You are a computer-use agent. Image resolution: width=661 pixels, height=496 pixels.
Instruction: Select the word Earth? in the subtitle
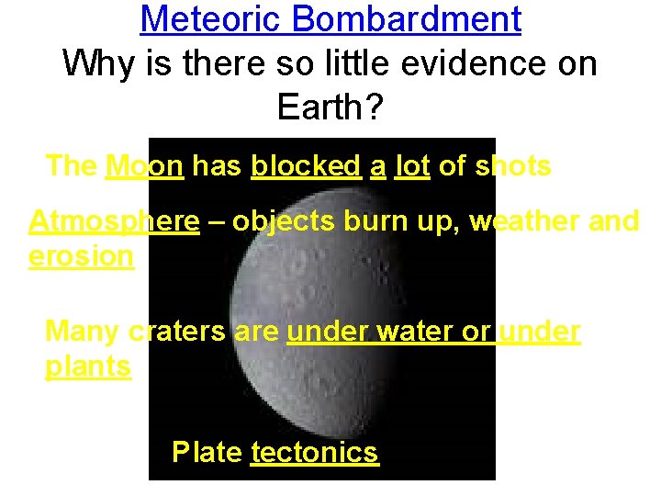pyautogui.click(x=330, y=109)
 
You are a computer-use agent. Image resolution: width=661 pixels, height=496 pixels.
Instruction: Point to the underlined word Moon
pyautogui.click(x=145, y=166)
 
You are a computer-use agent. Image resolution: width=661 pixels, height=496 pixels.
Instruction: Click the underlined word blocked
pyautogui.click(x=306, y=166)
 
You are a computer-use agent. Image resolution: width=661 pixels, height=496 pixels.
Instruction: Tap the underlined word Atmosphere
pyautogui.click(x=114, y=221)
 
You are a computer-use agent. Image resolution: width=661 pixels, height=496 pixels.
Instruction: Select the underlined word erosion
pyautogui.click(x=81, y=257)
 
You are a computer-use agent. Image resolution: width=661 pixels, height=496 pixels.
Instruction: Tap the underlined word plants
pyautogui.click(x=88, y=366)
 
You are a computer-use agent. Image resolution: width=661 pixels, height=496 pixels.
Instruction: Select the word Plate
pyautogui.click(x=207, y=452)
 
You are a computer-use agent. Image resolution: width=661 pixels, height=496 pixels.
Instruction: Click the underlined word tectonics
pyautogui.click(x=314, y=452)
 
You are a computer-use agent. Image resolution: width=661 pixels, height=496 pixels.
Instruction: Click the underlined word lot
pyautogui.click(x=412, y=166)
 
